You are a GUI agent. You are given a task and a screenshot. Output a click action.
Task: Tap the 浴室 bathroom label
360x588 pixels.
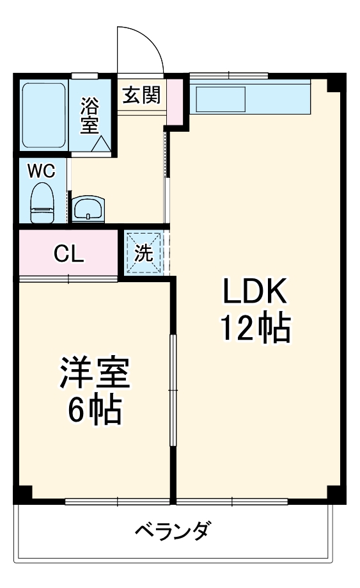(x=90, y=115)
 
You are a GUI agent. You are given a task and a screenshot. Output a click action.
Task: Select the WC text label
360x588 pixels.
(x=41, y=171)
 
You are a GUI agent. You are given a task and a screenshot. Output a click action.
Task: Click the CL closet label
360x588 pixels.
(x=68, y=255)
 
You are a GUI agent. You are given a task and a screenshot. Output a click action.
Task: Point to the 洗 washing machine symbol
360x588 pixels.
(x=145, y=253)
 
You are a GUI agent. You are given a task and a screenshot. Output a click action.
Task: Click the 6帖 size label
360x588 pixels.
(x=95, y=411)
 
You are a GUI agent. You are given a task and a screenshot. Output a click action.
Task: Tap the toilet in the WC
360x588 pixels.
(x=43, y=202)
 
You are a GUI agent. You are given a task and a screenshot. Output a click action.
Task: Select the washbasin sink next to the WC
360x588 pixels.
(x=89, y=208)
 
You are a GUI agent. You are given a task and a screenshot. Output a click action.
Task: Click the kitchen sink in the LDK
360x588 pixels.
(x=221, y=98)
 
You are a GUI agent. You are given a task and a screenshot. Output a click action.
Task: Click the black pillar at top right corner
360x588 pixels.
(x=334, y=84)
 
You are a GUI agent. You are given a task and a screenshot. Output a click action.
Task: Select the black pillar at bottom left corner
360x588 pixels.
(x=23, y=493)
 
